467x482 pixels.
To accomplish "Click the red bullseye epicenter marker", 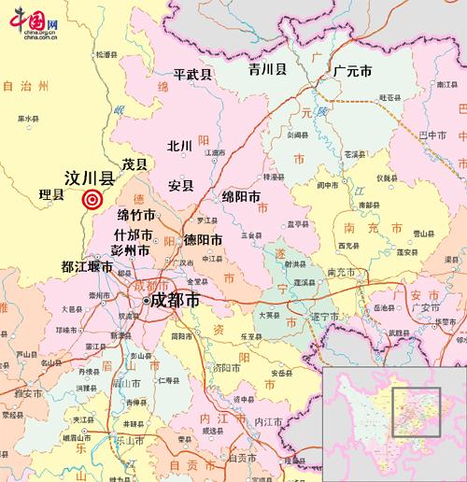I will pos(92,198).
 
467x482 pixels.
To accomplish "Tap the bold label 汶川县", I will pos(89,177).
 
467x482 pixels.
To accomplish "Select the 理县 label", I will pos(54,195).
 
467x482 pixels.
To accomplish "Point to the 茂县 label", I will pos(135,163).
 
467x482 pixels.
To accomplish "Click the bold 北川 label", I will pos(179,146).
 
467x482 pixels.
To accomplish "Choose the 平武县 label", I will pos(193,73).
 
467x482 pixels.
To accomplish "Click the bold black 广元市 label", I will pos(354,71).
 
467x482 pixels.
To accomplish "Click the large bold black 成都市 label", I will pos(175,301).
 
